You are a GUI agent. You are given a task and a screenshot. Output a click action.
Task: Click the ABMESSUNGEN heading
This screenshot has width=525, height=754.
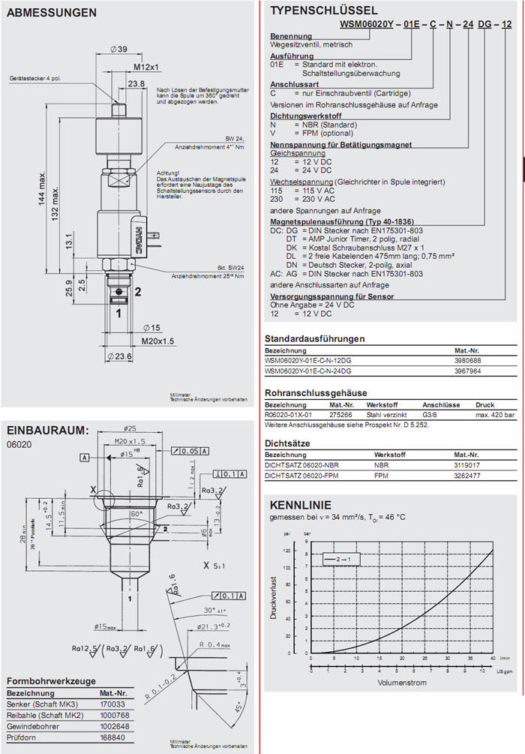pos(51,13)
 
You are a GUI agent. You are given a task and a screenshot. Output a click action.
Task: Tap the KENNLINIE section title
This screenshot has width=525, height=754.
pos(300,505)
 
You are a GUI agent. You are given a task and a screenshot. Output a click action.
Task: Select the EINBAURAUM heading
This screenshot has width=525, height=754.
pos(47,430)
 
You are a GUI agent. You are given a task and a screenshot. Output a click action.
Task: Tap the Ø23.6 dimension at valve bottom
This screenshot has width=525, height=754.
pos(121,356)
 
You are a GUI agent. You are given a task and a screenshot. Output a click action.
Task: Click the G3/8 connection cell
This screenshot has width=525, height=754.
pos(433,413)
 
